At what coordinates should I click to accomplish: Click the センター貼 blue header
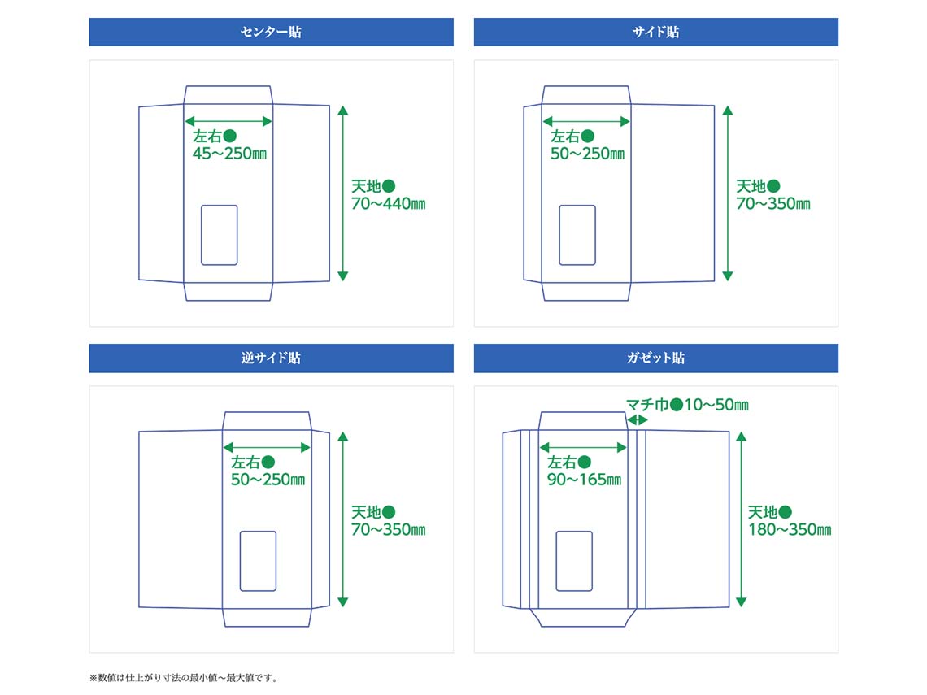[x=271, y=33]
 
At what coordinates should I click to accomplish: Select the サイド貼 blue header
[x=655, y=33]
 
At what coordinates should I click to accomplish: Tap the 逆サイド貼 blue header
[x=271, y=358]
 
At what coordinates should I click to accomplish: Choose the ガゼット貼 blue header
[x=655, y=358]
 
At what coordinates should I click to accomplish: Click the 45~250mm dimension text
[x=230, y=154]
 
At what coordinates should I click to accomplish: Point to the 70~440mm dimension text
[x=388, y=204]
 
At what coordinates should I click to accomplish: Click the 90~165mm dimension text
[x=584, y=480]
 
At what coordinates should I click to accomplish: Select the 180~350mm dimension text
[x=790, y=530]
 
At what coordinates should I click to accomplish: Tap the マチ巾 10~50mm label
[x=687, y=405]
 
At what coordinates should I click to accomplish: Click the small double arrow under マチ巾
[x=638, y=420]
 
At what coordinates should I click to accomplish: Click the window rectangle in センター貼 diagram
[x=220, y=235]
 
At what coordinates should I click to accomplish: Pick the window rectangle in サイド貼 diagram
[x=577, y=235]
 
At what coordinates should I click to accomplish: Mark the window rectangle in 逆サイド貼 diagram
[x=258, y=561]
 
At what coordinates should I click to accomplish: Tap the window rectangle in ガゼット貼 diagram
[x=574, y=561]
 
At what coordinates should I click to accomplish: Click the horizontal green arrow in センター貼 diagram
[x=228, y=121]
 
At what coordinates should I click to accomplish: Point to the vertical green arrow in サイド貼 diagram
[x=728, y=193]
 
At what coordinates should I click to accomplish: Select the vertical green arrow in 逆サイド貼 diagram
[x=342, y=519]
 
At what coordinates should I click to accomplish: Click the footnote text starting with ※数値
[x=184, y=677]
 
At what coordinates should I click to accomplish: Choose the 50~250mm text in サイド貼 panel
[x=587, y=154]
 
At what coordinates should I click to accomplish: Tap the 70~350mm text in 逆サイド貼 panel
[x=388, y=530]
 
